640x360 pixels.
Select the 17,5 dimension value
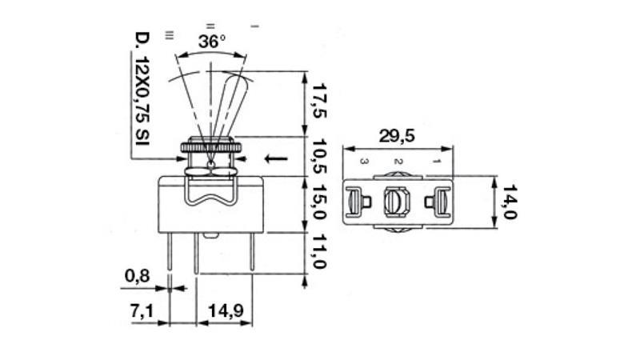[319, 100]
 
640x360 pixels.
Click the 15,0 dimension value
[319, 204]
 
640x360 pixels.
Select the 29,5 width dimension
[397, 136]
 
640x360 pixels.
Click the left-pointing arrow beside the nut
[275, 158]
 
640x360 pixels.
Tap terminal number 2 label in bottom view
[398, 162]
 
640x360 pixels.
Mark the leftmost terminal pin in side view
[170, 254]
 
